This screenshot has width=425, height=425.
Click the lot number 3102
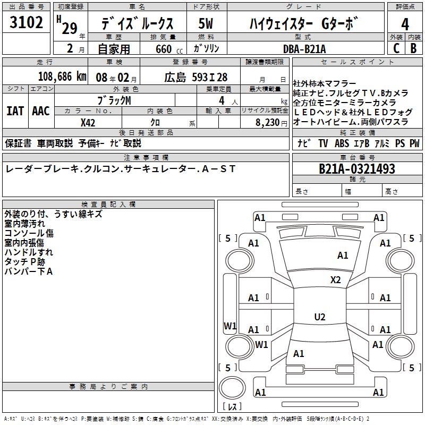27,23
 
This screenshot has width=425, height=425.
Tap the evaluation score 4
405,24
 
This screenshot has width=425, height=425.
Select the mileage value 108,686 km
62,76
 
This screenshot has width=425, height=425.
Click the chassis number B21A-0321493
357,169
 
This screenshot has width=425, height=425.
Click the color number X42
88,122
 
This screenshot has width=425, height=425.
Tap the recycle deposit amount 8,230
268,122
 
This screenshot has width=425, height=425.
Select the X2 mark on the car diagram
336,280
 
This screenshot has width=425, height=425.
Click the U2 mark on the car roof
320,317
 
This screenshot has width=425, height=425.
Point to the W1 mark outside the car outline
230,326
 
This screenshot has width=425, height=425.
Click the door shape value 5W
206,24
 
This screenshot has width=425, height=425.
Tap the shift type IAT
15,110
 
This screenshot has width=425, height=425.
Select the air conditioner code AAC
41,110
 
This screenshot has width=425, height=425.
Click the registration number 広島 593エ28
195,76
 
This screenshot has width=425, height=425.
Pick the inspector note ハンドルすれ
29,252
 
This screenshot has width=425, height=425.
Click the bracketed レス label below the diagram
232,407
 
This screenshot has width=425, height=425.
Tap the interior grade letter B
413,48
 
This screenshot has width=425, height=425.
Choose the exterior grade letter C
396,48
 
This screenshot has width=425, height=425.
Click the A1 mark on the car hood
343,256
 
